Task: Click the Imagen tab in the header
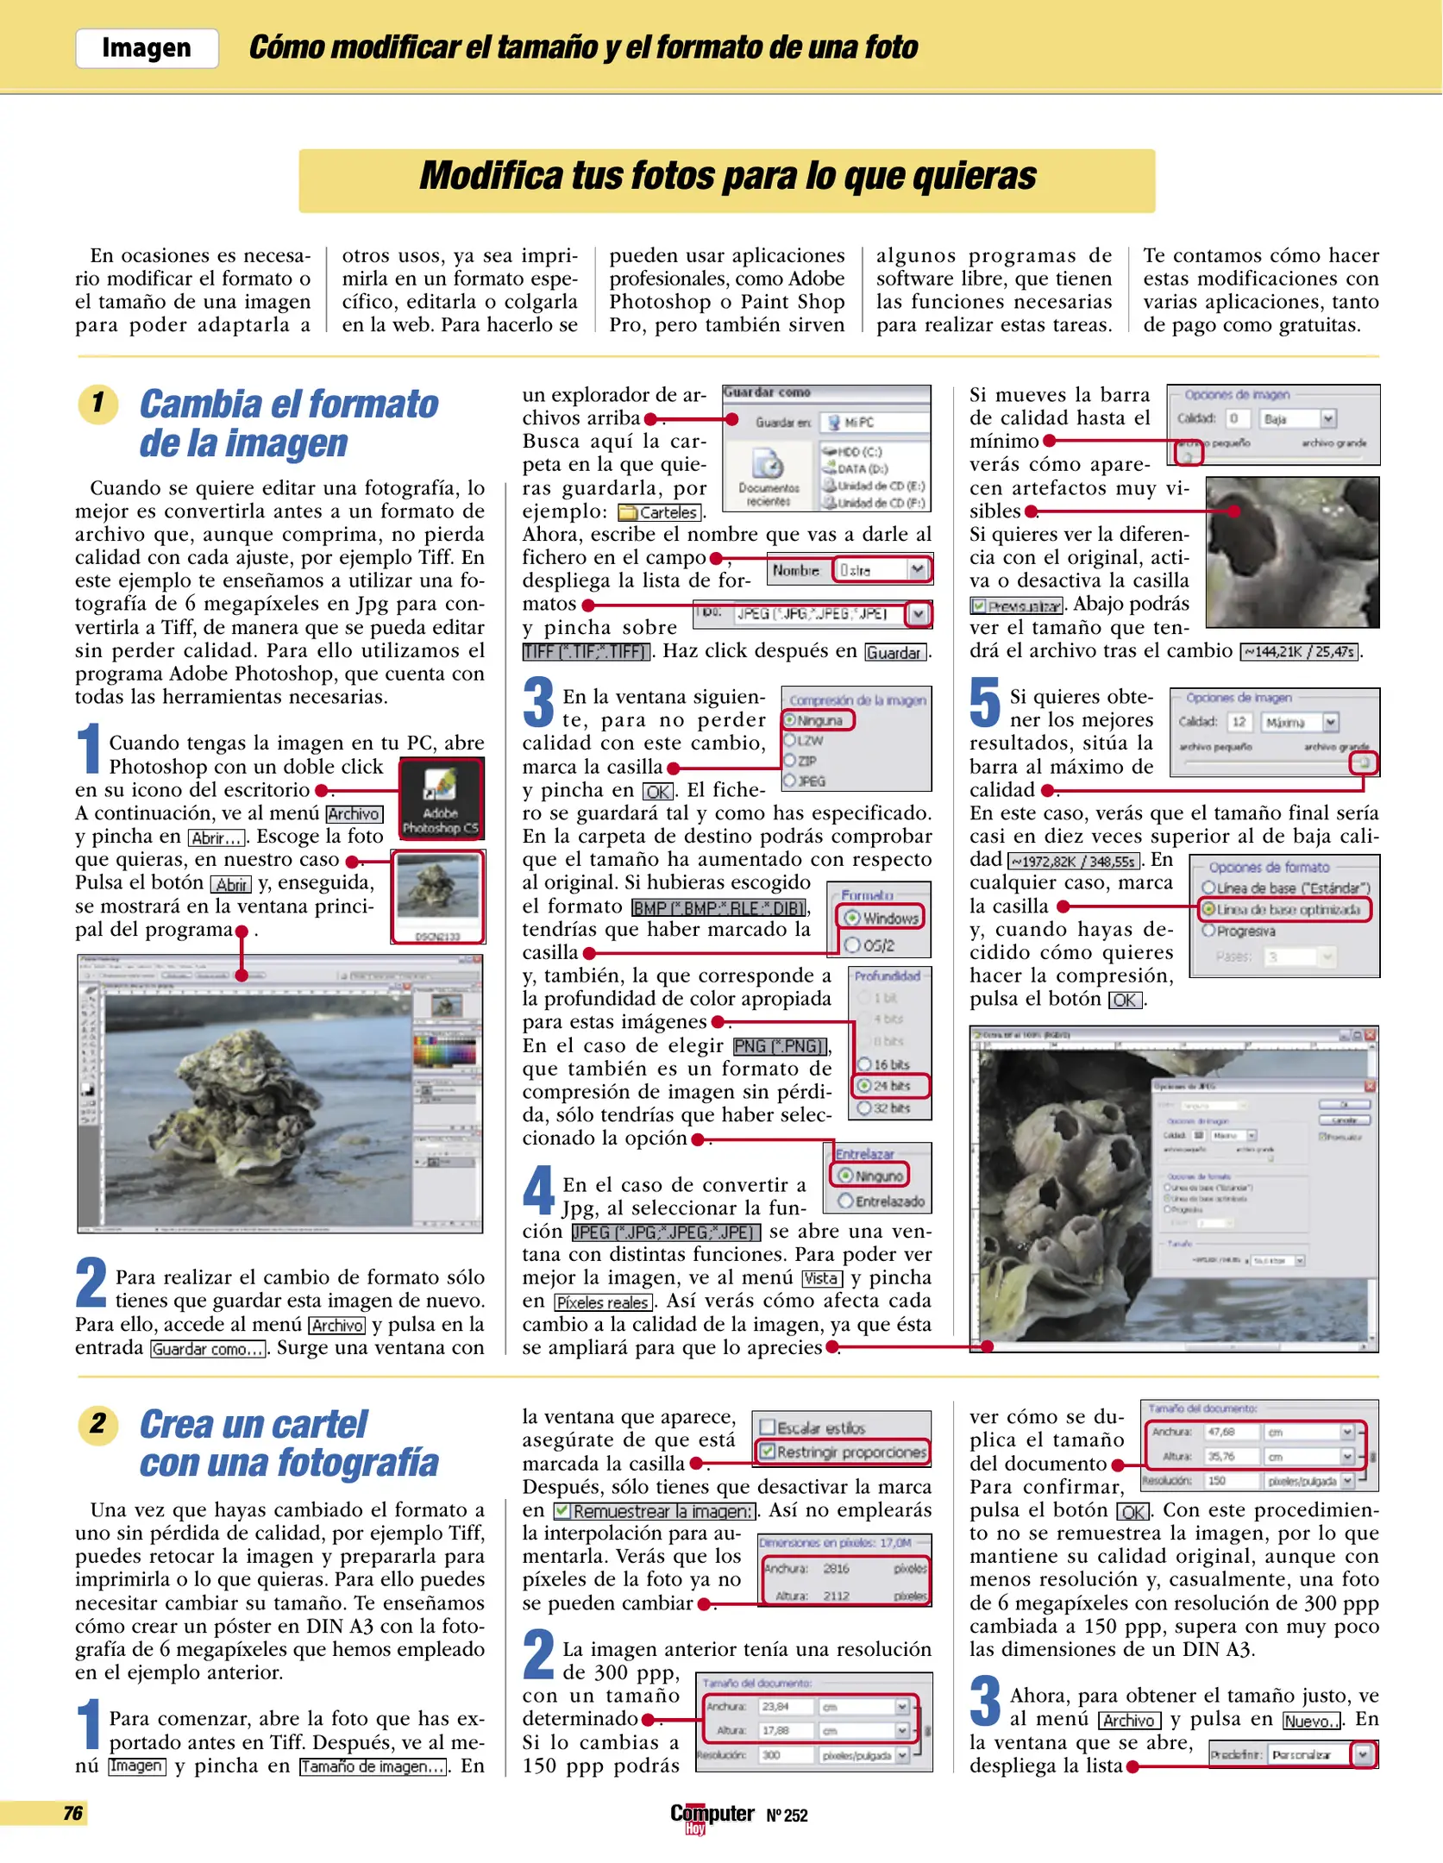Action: point(147,48)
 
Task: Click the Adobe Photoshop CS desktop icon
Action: point(440,798)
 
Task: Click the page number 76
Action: point(72,1813)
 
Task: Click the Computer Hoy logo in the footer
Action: point(712,1816)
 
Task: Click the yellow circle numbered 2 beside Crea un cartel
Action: point(97,1423)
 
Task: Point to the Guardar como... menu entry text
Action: point(208,1349)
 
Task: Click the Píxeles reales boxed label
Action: point(603,1302)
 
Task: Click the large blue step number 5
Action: point(984,703)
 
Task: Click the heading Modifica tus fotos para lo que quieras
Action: point(726,176)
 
